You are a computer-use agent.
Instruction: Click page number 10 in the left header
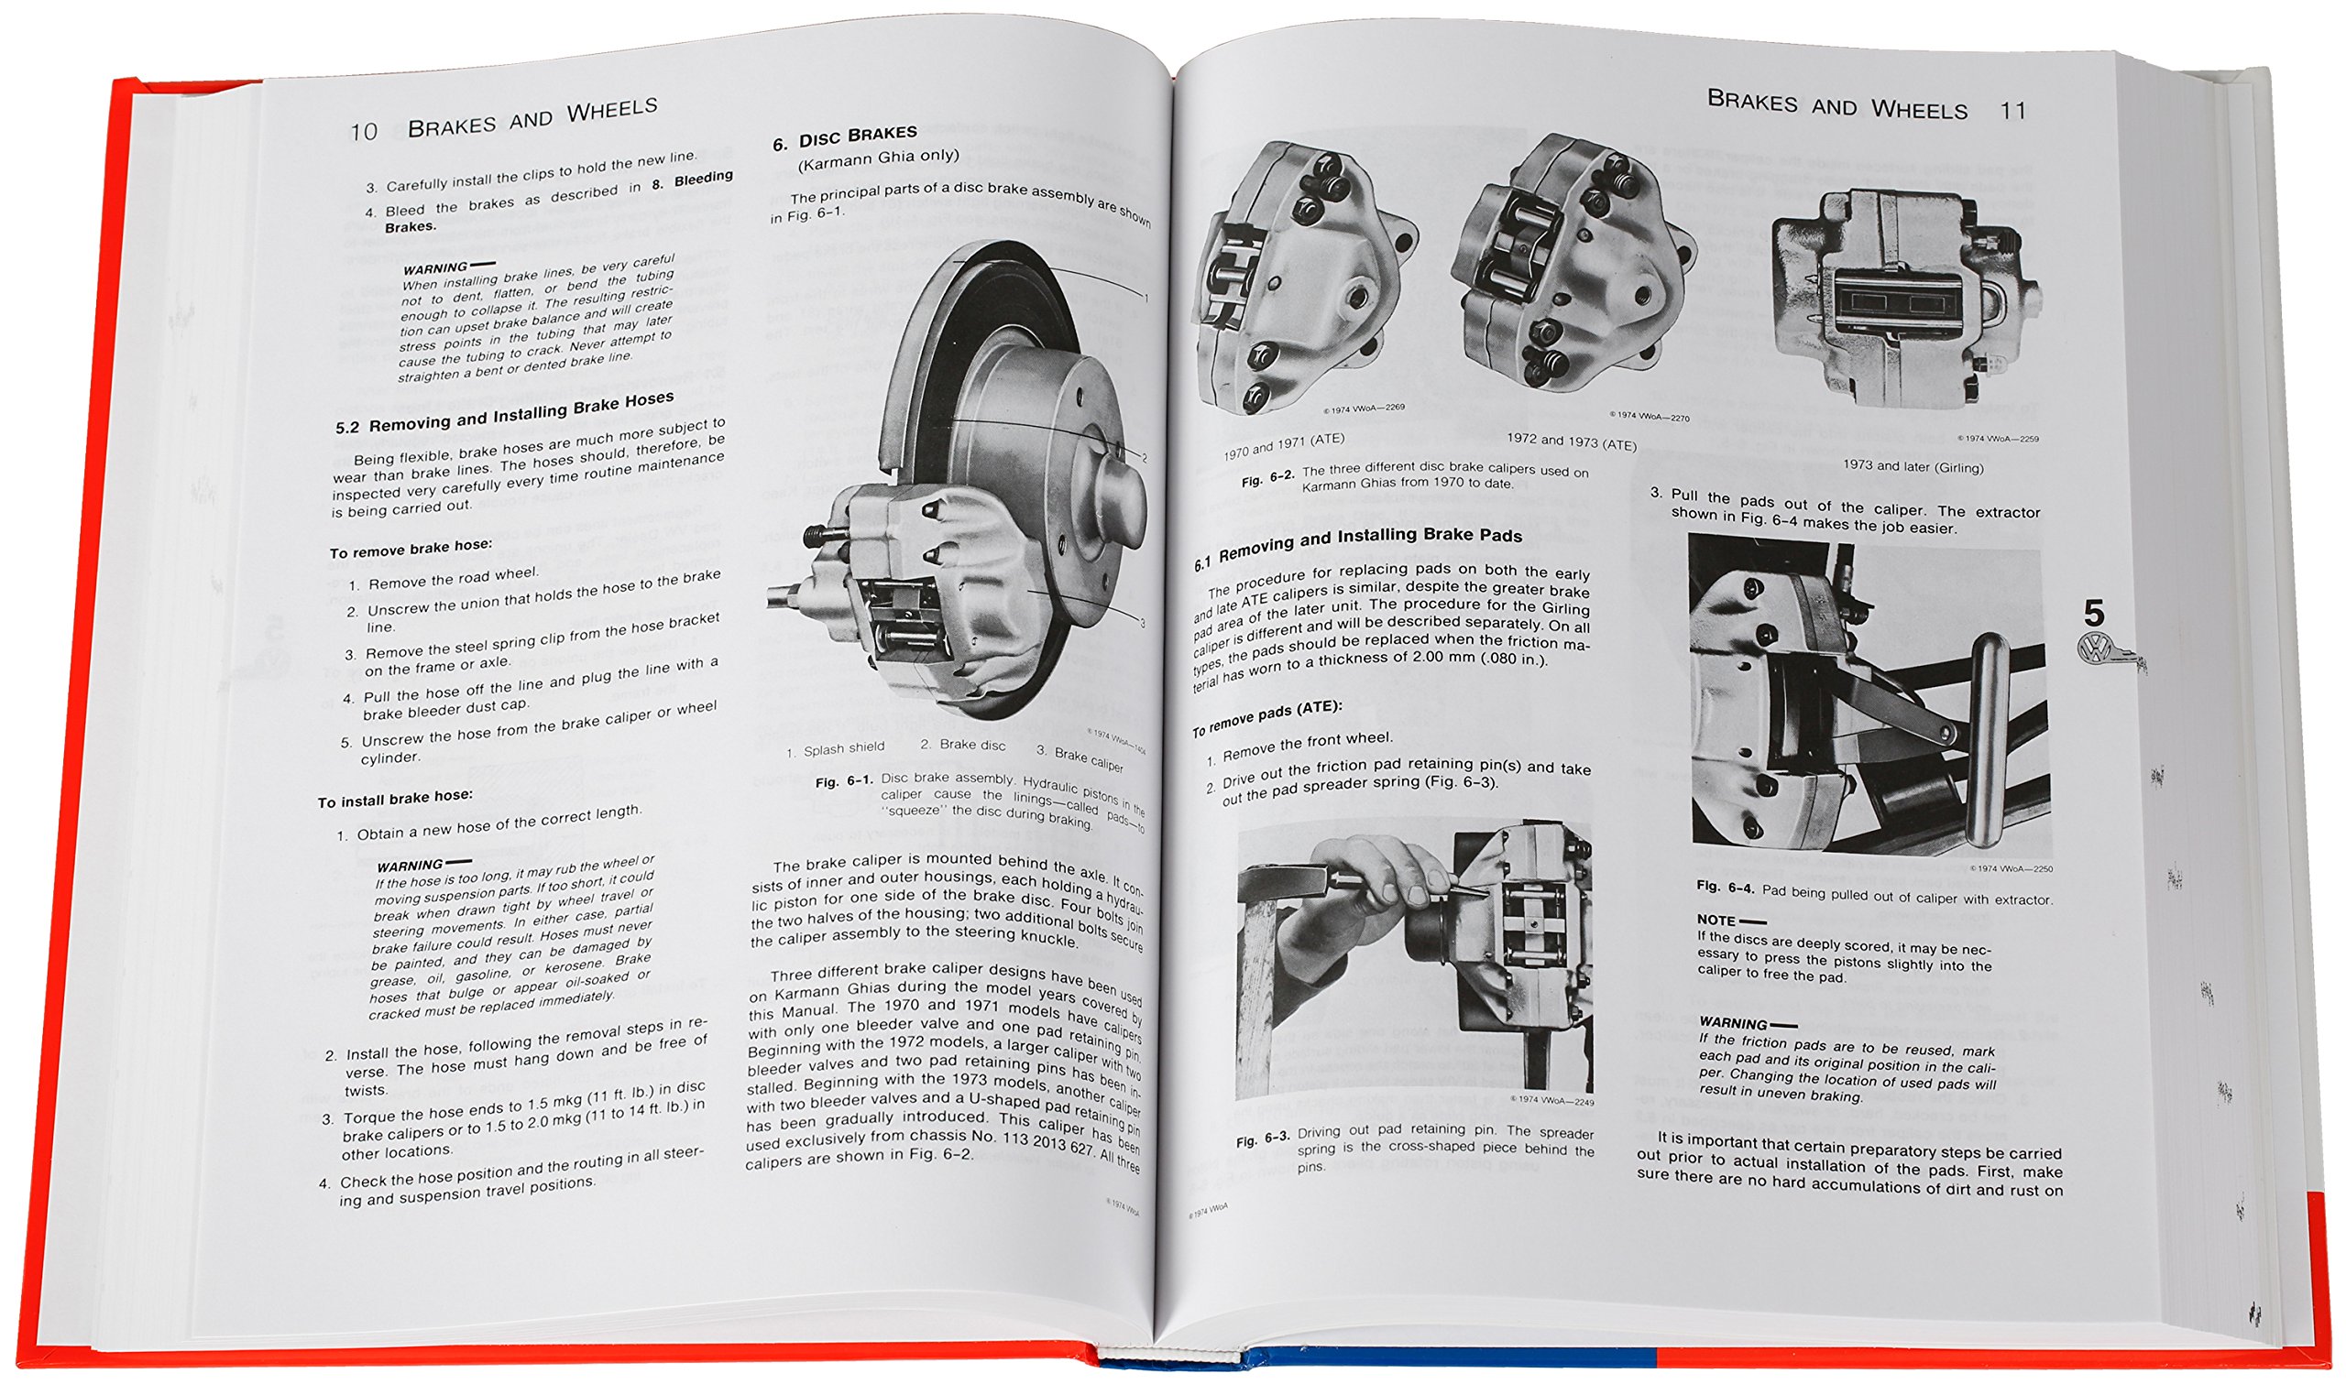363,132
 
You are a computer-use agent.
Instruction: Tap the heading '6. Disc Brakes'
844,138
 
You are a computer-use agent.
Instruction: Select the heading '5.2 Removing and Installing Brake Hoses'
505,413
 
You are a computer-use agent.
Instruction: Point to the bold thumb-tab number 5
2093,614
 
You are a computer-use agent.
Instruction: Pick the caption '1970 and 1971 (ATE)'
1284,445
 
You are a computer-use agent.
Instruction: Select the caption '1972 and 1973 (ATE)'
1572,441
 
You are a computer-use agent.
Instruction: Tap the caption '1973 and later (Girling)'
1913,466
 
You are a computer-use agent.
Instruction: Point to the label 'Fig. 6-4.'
1725,886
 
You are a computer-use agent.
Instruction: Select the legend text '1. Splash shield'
835,749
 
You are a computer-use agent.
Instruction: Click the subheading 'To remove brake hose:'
411,548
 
